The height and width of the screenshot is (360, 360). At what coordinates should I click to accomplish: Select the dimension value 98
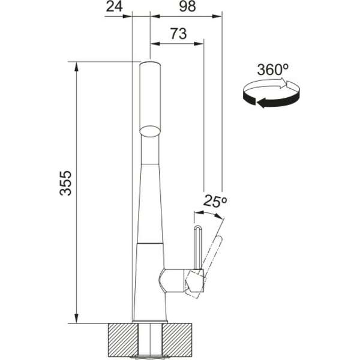click(187, 7)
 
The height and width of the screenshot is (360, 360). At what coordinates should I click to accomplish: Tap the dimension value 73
click(178, 34)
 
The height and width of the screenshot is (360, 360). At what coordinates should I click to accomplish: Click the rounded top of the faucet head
click(151, 63)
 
